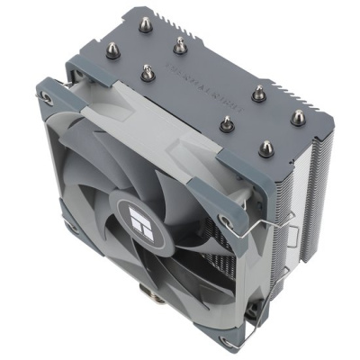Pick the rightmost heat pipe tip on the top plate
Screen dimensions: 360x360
[294, 115]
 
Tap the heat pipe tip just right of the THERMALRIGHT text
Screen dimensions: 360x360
[258, 89]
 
